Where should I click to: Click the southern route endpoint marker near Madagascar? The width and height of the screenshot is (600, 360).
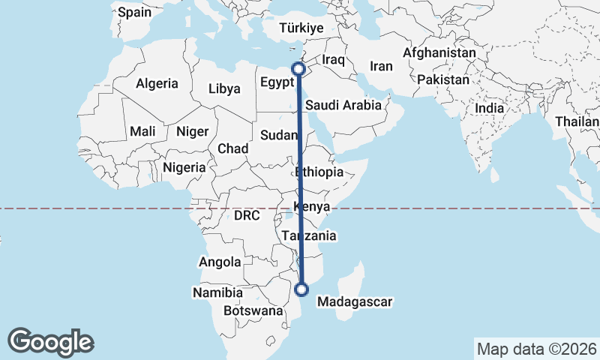[x=302, y=289]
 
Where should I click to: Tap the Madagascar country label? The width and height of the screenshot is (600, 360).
[x=355, y=302]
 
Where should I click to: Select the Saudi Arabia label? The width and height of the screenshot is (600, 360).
[x=343, y=106]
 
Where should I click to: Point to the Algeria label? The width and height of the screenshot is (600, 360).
[x=157, y=83]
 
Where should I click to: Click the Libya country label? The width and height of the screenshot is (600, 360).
[x=224, y=88]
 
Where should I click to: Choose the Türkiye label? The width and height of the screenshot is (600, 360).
[x=301, y=28]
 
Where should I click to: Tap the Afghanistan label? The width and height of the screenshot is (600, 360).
[x=439, y=53]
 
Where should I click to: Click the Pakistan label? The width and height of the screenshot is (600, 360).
[x=444, y=79]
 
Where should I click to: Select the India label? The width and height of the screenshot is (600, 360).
[x=490, y=108]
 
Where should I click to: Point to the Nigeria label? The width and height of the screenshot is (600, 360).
[x=184, y=167]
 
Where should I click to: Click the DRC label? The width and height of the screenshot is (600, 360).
[x=246, y=215]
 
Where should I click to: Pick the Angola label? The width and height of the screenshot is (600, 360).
[x=220, y=262]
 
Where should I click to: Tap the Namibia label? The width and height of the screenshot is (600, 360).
[x=217, y=292]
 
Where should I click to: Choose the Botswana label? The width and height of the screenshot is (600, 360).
[x=253, y=310]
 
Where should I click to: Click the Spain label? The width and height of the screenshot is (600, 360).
[x=134, y=12]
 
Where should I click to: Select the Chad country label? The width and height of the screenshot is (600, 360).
[x=232, y=148]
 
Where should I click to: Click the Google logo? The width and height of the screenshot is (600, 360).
[x=50, y=342]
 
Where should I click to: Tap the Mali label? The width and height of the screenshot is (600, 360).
[x=142, y=131]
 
